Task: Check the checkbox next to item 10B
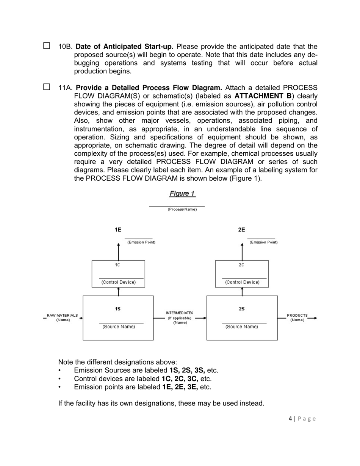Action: click(47, 46)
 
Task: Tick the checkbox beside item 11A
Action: click(47, 87)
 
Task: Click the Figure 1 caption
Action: click(182, 194)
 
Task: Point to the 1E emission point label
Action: click(118, 230)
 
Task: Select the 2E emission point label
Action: click(241, 230)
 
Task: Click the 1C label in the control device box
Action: click(117, 265)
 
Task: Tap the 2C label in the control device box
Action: click(241, 265)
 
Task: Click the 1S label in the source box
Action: click(118, 309)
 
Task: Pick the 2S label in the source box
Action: click(242, 309)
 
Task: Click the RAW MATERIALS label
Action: click(63, 316)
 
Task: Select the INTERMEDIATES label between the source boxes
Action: click(179, 313)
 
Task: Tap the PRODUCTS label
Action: click(297, 316)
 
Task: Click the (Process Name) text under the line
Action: click(182, 210)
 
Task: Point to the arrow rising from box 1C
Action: click(118, 251)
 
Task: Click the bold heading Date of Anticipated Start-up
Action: click(125, 47)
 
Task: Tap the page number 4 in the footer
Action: click(290, 419)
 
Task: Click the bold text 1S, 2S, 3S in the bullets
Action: click(187, 371)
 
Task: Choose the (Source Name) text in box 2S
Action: click(242, 327)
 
